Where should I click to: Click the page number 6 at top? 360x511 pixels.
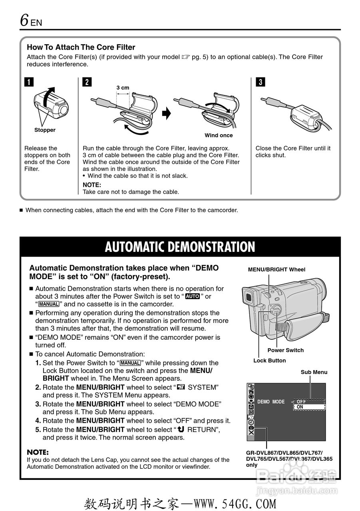[x=25, y=20]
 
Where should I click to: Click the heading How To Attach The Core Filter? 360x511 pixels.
[x=81, y=47]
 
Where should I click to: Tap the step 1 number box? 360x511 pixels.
[x=29, y=83]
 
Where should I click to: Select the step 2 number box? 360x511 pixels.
[x=87, y=83]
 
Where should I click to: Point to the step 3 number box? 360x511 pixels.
[x=260, y=83]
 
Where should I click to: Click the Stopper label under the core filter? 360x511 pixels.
[x=45, y=130]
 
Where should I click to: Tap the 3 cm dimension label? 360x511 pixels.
[x=123, y=88]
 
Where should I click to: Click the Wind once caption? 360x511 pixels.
[x=219, y=135]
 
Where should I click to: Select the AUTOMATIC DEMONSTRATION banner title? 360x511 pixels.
[x=180, y=247]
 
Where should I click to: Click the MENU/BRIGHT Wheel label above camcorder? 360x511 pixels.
[x=276, y=269]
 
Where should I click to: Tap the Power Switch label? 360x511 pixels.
[x=285, y=350]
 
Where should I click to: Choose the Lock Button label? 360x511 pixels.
[x=269, y=360]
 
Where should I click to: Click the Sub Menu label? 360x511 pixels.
[x=314, y=372]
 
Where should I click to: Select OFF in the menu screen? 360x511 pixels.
[x=301, y=402]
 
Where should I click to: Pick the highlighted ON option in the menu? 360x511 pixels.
[x=300, y=407]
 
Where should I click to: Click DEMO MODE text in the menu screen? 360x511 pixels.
[x=271, y=402]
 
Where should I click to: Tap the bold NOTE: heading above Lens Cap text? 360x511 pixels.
[x=38, y=452]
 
